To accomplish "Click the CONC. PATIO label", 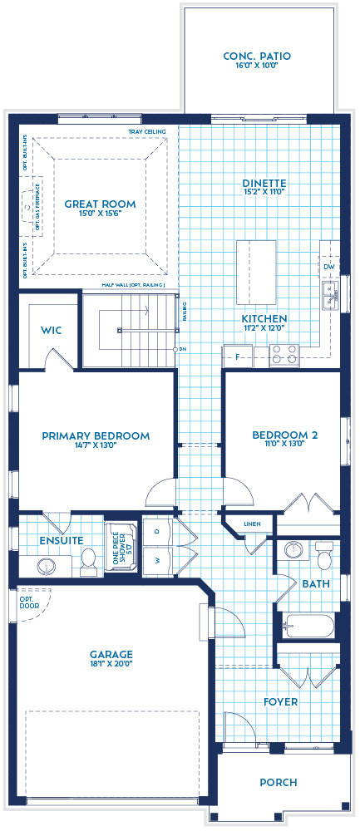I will click(257, 57).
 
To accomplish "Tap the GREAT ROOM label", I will click(100, 204).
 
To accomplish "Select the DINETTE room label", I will click(264, 184).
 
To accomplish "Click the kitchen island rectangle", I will click(256, 273).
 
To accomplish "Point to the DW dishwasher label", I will click(330, 266).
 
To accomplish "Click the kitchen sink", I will click(331, 294).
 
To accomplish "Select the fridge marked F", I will click(237, 356).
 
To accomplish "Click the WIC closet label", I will click(52, 330).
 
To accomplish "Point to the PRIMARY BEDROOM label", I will click(96, 435).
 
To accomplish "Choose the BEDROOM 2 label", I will click(284, 435).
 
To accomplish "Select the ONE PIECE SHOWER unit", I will click(121, 548).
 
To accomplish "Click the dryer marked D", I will click(155, 533).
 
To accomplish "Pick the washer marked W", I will click(155, 560).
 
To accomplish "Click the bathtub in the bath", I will click(307, 626).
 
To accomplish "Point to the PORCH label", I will click(278, 782).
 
